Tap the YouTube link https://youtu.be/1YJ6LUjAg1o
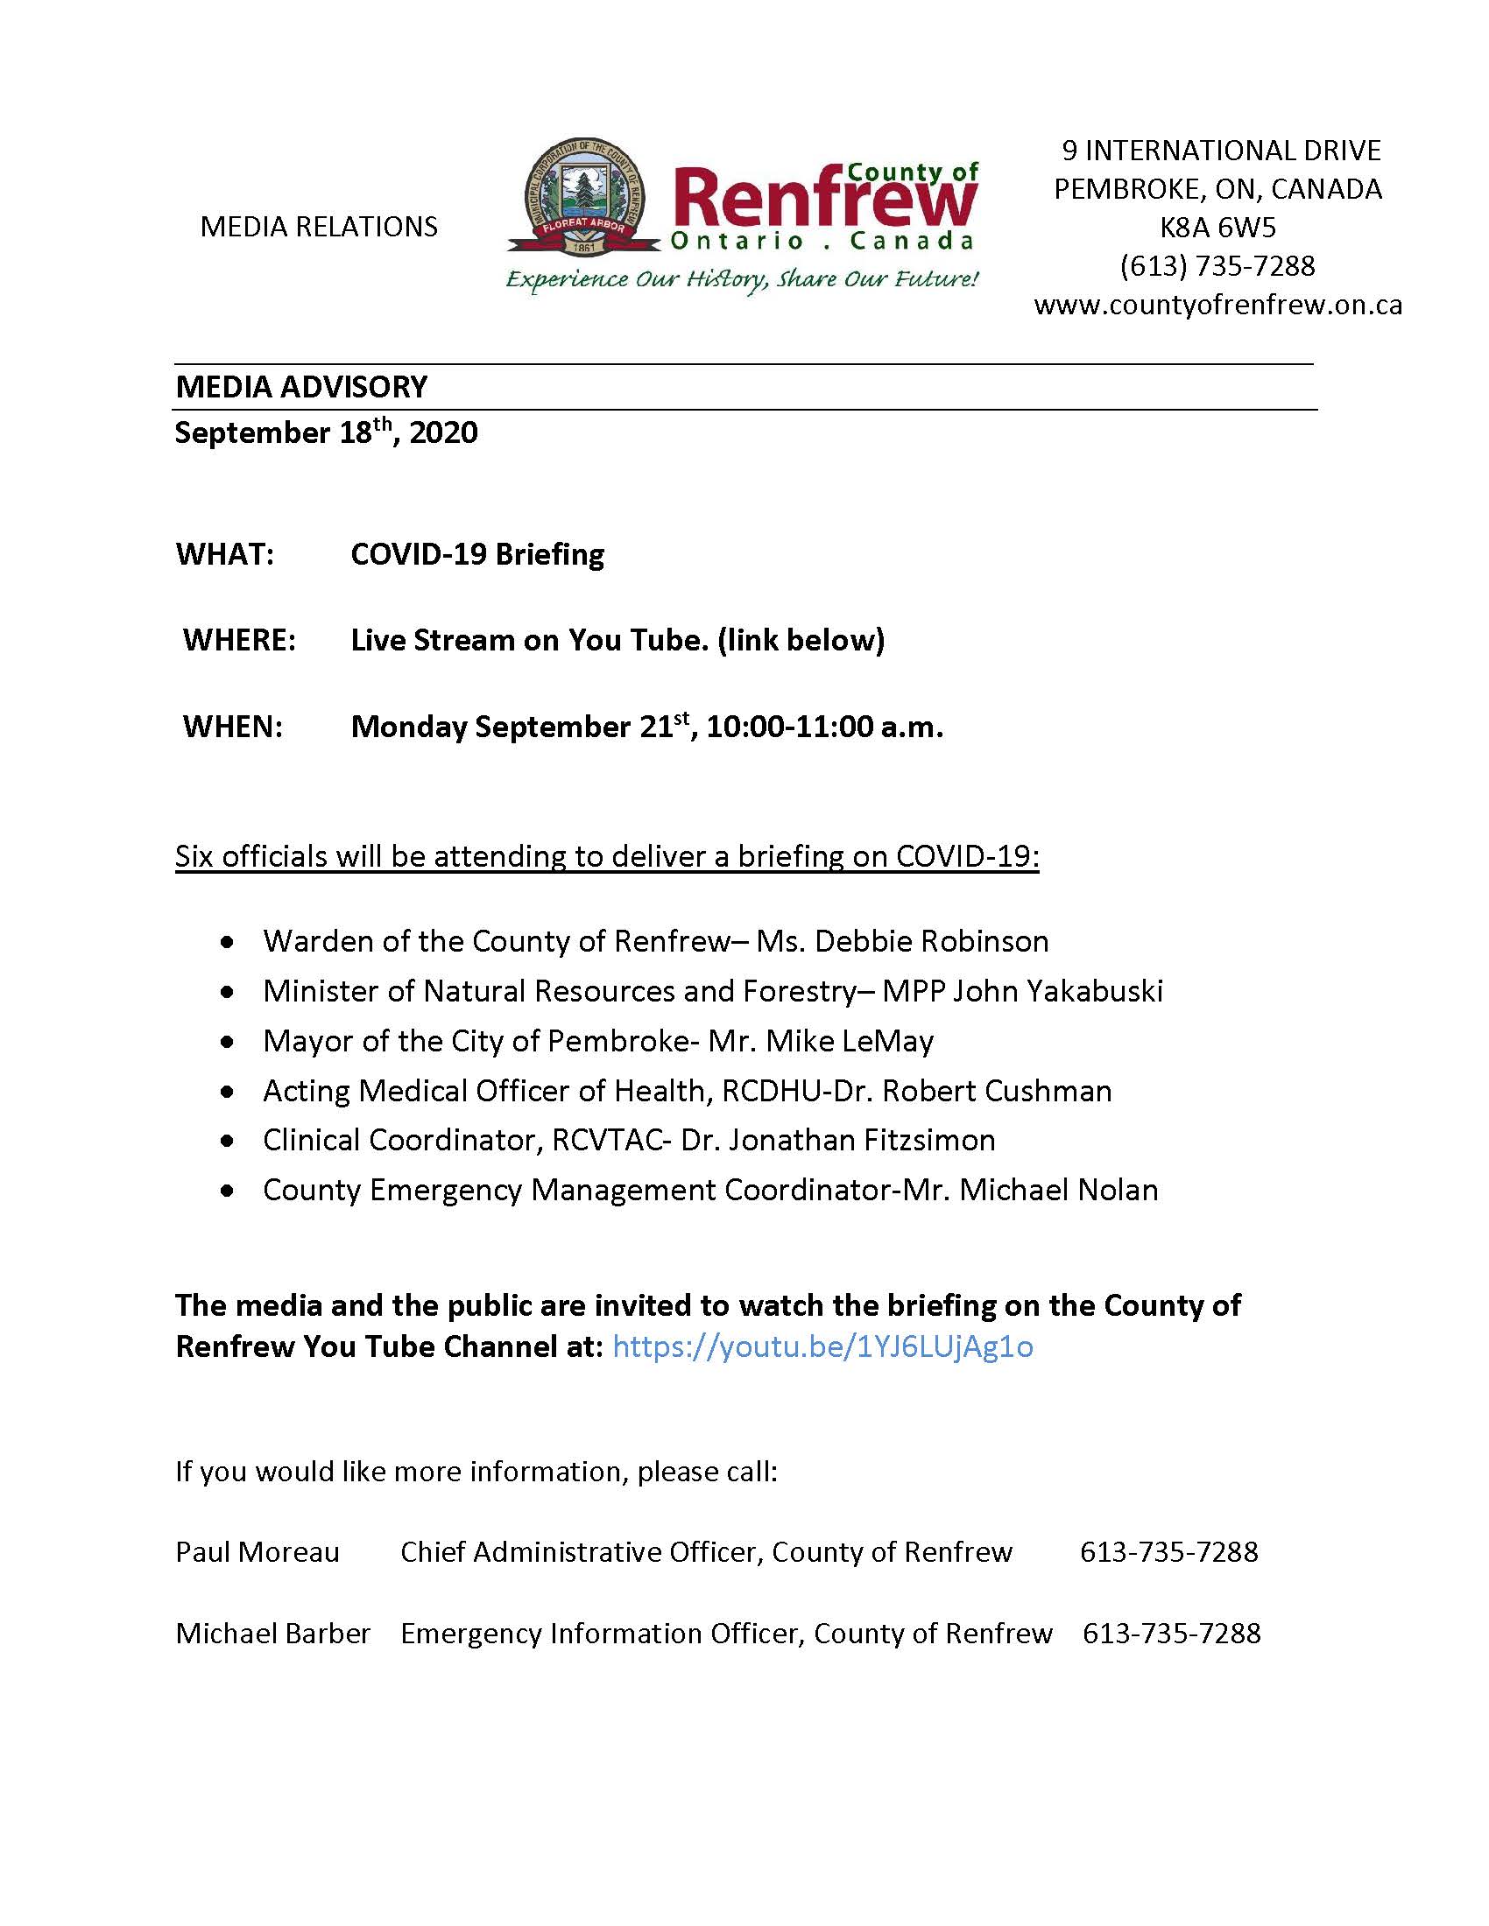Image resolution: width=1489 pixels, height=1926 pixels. (822, 1346)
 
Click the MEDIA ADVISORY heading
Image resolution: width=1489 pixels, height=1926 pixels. (300, 386)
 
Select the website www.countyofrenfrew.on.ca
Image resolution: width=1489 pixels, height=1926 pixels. (1217, 306)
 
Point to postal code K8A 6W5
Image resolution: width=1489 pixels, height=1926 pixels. (1217, 228)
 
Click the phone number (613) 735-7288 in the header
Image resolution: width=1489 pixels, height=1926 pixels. (1217, 266)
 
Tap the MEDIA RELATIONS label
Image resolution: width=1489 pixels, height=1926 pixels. (319, 228)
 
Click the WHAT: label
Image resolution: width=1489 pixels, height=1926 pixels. (225, 555)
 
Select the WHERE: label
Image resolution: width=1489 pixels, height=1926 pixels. (239, 640)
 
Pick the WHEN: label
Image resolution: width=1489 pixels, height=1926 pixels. (233, 727)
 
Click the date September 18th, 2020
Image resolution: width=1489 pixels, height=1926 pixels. (326, 432)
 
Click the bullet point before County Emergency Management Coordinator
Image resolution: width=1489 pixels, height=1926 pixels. (229, 1191)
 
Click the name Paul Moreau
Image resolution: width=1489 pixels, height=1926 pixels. (257, 1552)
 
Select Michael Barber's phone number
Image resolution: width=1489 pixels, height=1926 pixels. (1171, 1634)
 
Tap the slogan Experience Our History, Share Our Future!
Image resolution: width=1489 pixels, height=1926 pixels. (741, 280)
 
